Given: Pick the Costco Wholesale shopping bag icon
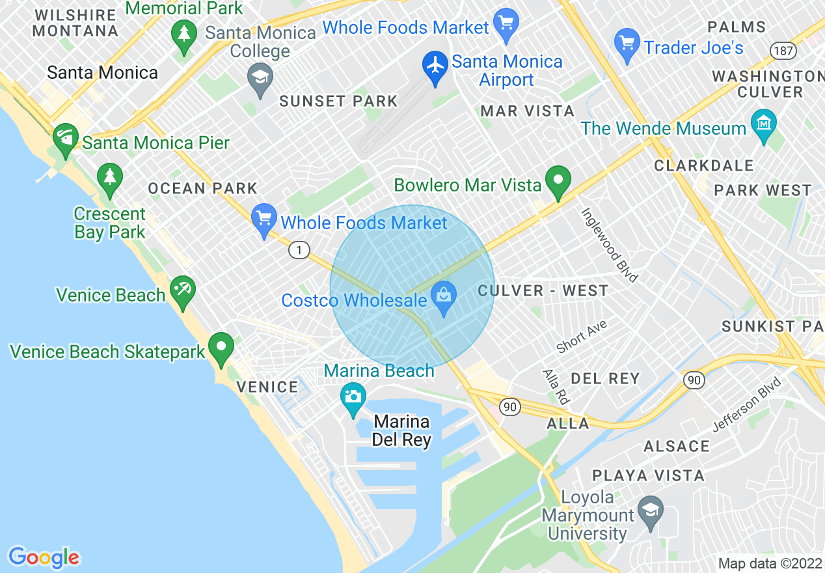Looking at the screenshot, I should click(x=444, y=297).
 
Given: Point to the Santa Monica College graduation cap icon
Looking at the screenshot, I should click(x=260, y=79).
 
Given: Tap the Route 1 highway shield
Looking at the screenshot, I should click(x=299, y=249).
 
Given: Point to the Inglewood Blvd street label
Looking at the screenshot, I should click(x=609, y=245).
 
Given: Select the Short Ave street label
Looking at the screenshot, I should click(x=581, y=337).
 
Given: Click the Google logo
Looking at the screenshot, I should click(x=44, y=557).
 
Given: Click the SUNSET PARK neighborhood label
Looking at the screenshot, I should click(x=338, y=101).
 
